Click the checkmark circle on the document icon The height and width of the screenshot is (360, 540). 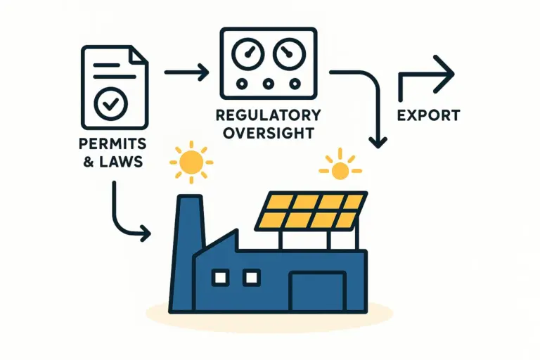(110, 104)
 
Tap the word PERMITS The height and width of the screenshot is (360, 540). (112, 143)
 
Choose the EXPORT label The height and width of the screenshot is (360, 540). (428, 115)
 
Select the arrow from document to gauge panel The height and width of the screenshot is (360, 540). (186, 71)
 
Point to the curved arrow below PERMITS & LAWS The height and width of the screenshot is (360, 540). (127, 214)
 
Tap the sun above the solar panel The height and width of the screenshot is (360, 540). (340, 169)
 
